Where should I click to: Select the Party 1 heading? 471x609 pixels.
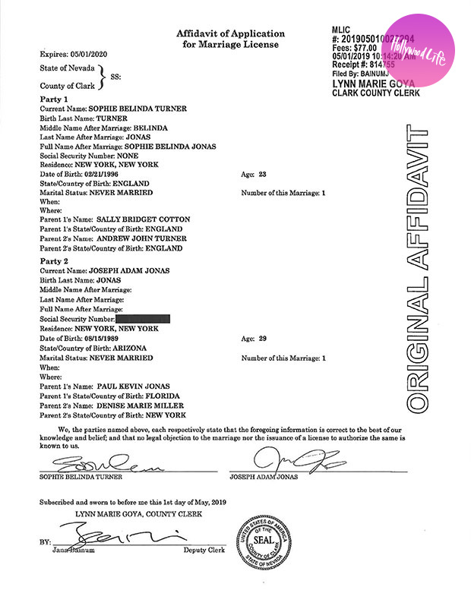[54, 99]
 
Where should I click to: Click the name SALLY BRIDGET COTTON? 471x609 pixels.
[142, 219]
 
